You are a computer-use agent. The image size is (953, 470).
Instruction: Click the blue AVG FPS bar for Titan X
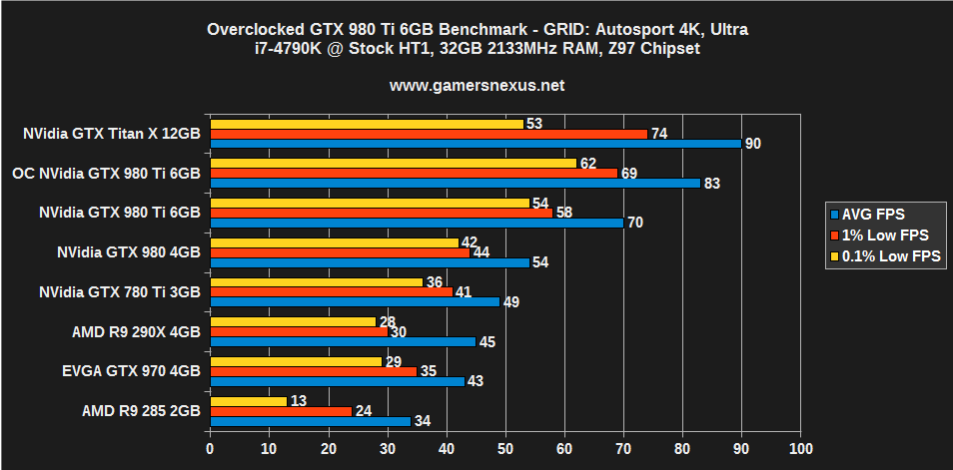click(475, 144)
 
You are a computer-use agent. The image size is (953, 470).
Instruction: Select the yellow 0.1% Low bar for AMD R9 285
click(248, 400)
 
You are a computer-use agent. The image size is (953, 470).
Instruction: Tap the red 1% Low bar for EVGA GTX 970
click(313, 371)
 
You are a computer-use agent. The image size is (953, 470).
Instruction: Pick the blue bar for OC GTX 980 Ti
click(455, 183)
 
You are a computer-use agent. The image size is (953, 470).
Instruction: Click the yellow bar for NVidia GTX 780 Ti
click(316, 282)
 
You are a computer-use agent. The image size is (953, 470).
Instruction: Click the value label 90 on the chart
click(753, 144)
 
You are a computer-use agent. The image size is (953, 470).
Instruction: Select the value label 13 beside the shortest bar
click(299, 400)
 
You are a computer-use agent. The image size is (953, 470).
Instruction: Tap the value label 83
click(712, 183)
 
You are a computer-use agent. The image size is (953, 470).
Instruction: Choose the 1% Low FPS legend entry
click(878, 235)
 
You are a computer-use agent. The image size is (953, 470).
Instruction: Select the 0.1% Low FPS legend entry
click(884, 256)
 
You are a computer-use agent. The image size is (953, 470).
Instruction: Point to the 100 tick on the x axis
click(799, 450)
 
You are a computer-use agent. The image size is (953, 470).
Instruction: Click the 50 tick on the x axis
click(505, 450)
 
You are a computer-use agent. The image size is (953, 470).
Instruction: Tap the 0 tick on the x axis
click(210, 450)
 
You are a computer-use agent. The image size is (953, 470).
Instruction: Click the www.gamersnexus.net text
click(476, 85)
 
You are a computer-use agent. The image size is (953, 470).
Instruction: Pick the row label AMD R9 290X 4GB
click(136, 331)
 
